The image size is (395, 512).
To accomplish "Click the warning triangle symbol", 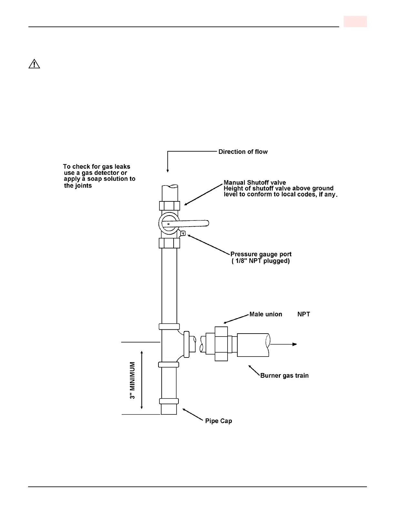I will click(34, 64).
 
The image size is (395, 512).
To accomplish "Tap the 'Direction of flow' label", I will click(243, 152).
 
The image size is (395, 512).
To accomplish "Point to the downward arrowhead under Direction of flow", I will click(167, 170).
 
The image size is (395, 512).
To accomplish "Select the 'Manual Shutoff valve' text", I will click(255, 183).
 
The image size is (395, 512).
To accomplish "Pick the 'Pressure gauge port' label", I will click(261, 254).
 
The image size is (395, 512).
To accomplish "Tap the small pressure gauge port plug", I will click(183, 233).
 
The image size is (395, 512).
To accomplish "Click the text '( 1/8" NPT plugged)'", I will click(261, 261).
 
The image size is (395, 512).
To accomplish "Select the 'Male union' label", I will click(266, 314).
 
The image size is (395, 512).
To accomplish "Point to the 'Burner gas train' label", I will click(284, 375).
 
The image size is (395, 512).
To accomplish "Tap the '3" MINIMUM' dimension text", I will click(133, 380).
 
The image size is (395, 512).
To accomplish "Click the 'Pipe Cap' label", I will click(218, 421).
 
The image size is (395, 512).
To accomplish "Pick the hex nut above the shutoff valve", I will click(169, 206).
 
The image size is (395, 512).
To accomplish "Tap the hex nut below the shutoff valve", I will click(169, 243).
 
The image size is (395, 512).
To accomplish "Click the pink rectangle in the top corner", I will click(355, 21).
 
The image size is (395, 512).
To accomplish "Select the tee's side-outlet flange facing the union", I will click(186, 344).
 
